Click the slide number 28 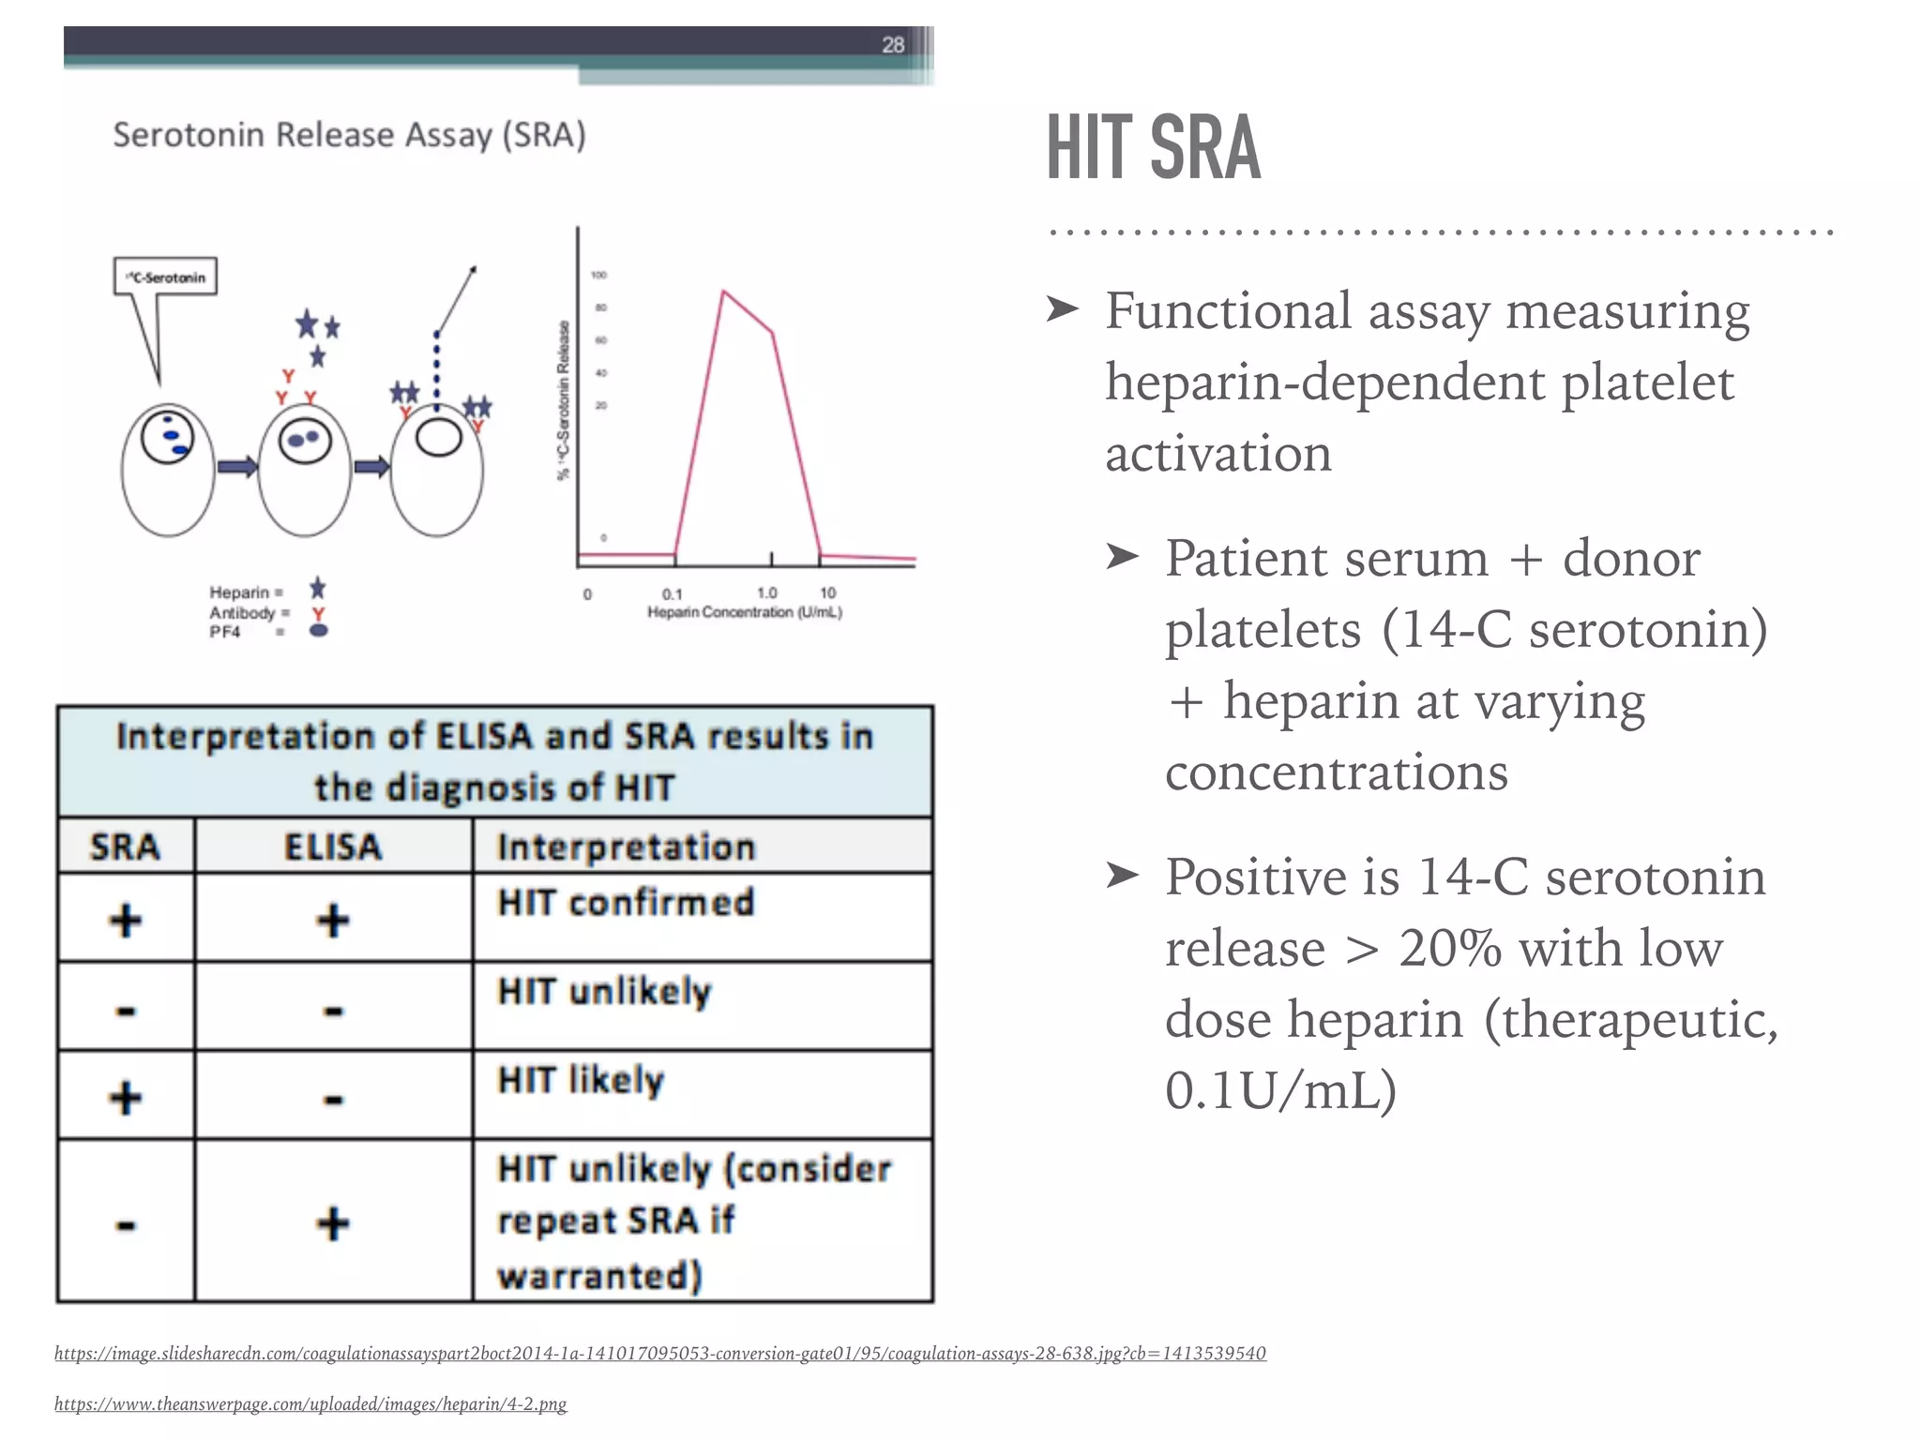[x=892, y=44]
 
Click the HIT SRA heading [x=1153, y=147]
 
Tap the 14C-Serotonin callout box [x=166, y=277]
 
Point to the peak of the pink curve [x=723, y=292]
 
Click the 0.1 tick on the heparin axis [x=673, y=593]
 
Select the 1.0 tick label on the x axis [x=766, y=592]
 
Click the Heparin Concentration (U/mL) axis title [x=745, y=612]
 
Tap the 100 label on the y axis [x=599, y=275]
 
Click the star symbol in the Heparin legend [x=318, y=589]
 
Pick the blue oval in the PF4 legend [x=319, y=631]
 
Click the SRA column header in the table [x=126, y=847]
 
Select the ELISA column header [x=333, y=847]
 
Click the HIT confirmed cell [x=626, y=902]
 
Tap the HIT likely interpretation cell [x=581, y=1080]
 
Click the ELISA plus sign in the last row [x=333, y=1223]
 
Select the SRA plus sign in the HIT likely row [x=126, y=1097]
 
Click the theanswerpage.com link [x=310, y=1403]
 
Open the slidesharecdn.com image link [x=659, y=1353]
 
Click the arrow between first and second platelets [x=237, y=466]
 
